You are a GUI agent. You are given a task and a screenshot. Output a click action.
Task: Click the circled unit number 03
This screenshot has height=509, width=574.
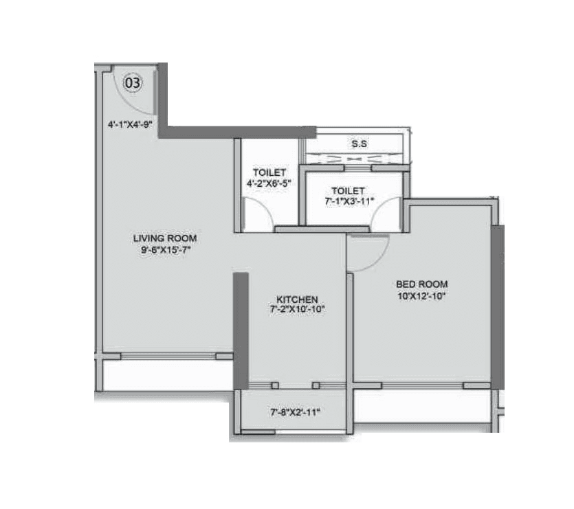[133, 84]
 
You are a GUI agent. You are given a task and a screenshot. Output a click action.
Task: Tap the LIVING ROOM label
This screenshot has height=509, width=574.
[165, 238]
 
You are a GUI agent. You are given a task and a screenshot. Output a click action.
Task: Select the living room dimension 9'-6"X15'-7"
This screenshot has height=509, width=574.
[165, 250]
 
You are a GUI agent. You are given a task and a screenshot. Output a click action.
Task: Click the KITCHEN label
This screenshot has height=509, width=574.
[297, 299]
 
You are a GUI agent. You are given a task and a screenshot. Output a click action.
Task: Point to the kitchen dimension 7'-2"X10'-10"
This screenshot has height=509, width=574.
[297, 310]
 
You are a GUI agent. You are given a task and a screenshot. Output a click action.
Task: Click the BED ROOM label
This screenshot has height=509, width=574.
[421, 284]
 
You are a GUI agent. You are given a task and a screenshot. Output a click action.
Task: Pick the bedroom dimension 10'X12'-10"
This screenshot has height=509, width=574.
[421, 295]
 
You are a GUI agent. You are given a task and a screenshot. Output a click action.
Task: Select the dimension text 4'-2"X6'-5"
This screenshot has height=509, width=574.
[269, 183]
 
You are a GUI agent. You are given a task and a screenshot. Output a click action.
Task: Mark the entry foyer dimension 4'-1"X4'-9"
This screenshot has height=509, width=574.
[129, 125]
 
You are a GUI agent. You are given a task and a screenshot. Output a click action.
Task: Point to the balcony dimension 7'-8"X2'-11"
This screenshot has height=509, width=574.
[295, 412]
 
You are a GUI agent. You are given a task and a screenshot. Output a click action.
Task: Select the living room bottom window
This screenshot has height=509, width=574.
[168, 356]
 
